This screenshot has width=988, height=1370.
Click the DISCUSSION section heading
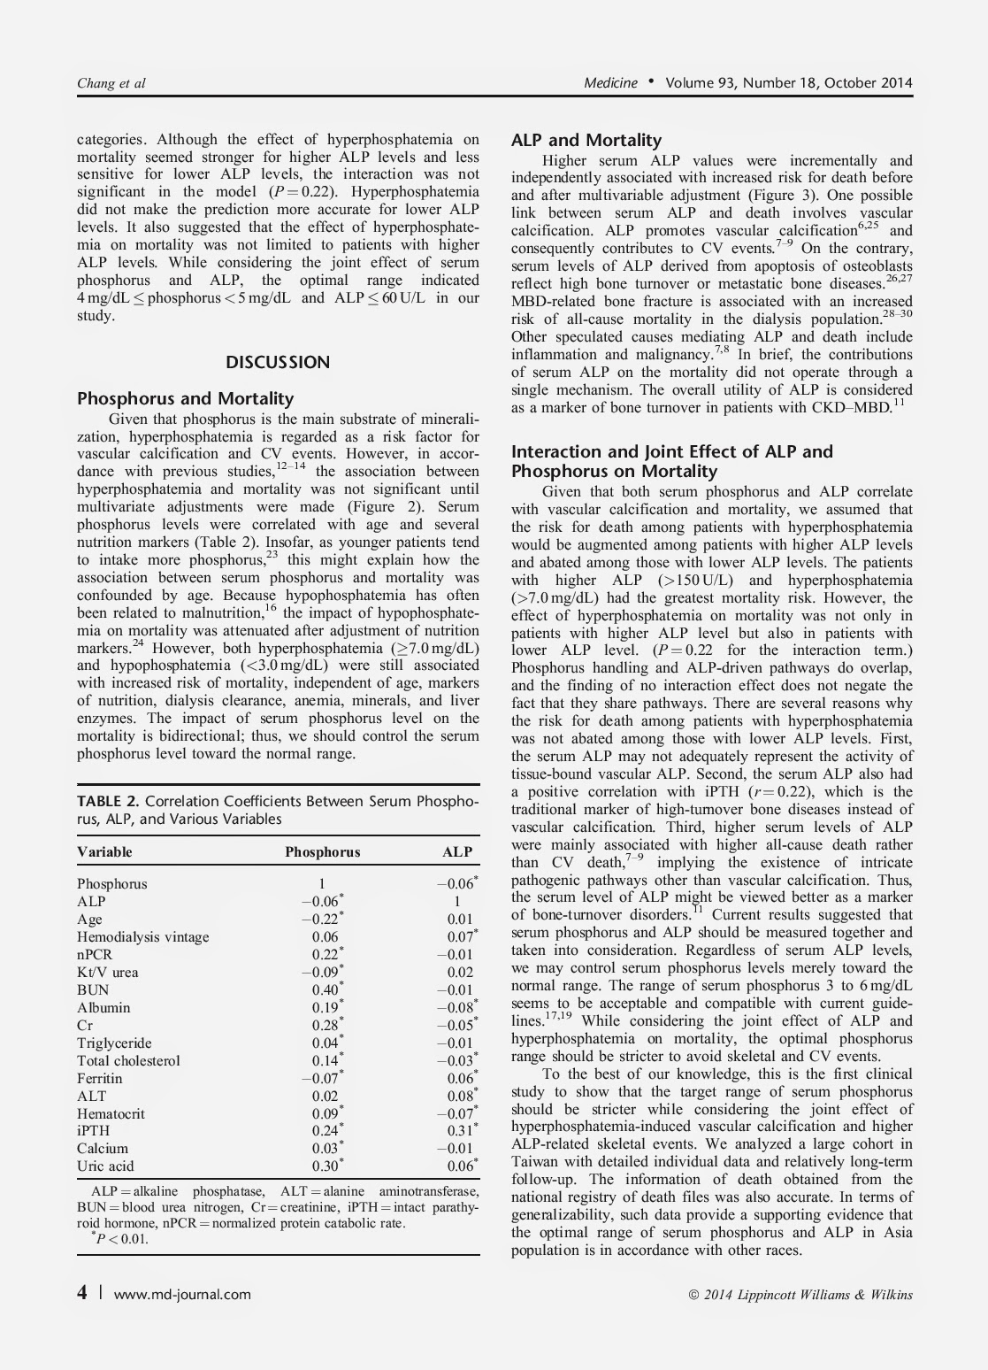pyautogui.click(x=278, y=362)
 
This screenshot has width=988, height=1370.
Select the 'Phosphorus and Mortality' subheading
pyautogui.click(x=186, y=398)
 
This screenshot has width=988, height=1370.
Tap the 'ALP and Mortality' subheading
pyautogui.click(x=586, y=140)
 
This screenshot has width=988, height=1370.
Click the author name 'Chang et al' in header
pyautogui.click(x=111, y=83)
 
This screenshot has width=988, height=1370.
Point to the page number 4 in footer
pyautogui.click(x=82, y=1293)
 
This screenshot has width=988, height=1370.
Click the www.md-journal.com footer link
pyautogui.click(x=182, y=1294)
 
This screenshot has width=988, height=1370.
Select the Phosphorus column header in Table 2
pyautogui.click(x=322, y=851)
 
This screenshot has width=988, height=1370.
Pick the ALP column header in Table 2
pyautogui.click(x=457, y=851)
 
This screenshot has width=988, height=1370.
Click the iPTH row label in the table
pyautogui.click(x=93, y=1130)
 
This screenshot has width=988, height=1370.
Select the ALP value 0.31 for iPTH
pyautogui.click(x=460, y=1130)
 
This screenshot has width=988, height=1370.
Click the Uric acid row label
pyautogui.click(x=105, y=1166)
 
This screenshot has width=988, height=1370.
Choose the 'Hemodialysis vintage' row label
pyautogui.click(x=142, y=936)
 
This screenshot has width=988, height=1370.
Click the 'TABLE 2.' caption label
pyautogui.click(x=110, y=801)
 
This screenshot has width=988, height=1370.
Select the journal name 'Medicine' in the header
pyautogui.click(x=610, y=83)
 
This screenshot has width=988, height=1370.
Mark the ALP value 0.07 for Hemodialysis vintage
pyautogui.click(x=460, y=936)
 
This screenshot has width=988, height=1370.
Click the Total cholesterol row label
pyautogui.click(x=128, y=1060)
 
